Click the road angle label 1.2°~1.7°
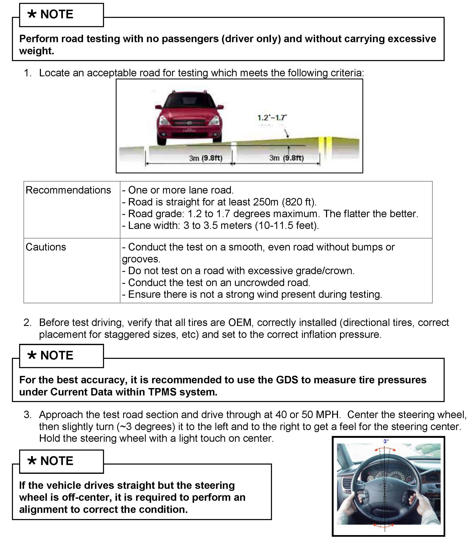pyautogui.click(x=272, y=118)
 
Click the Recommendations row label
pyautogui.click(x=68, y=190)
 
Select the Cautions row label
pyautogui.click(x=46, y=247)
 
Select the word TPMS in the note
pyautogui.click(x=162, y=392)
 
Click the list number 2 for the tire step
pyautogui.click(x=27, y=322)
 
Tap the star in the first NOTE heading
pyautogui.click(x=32, y=14)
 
